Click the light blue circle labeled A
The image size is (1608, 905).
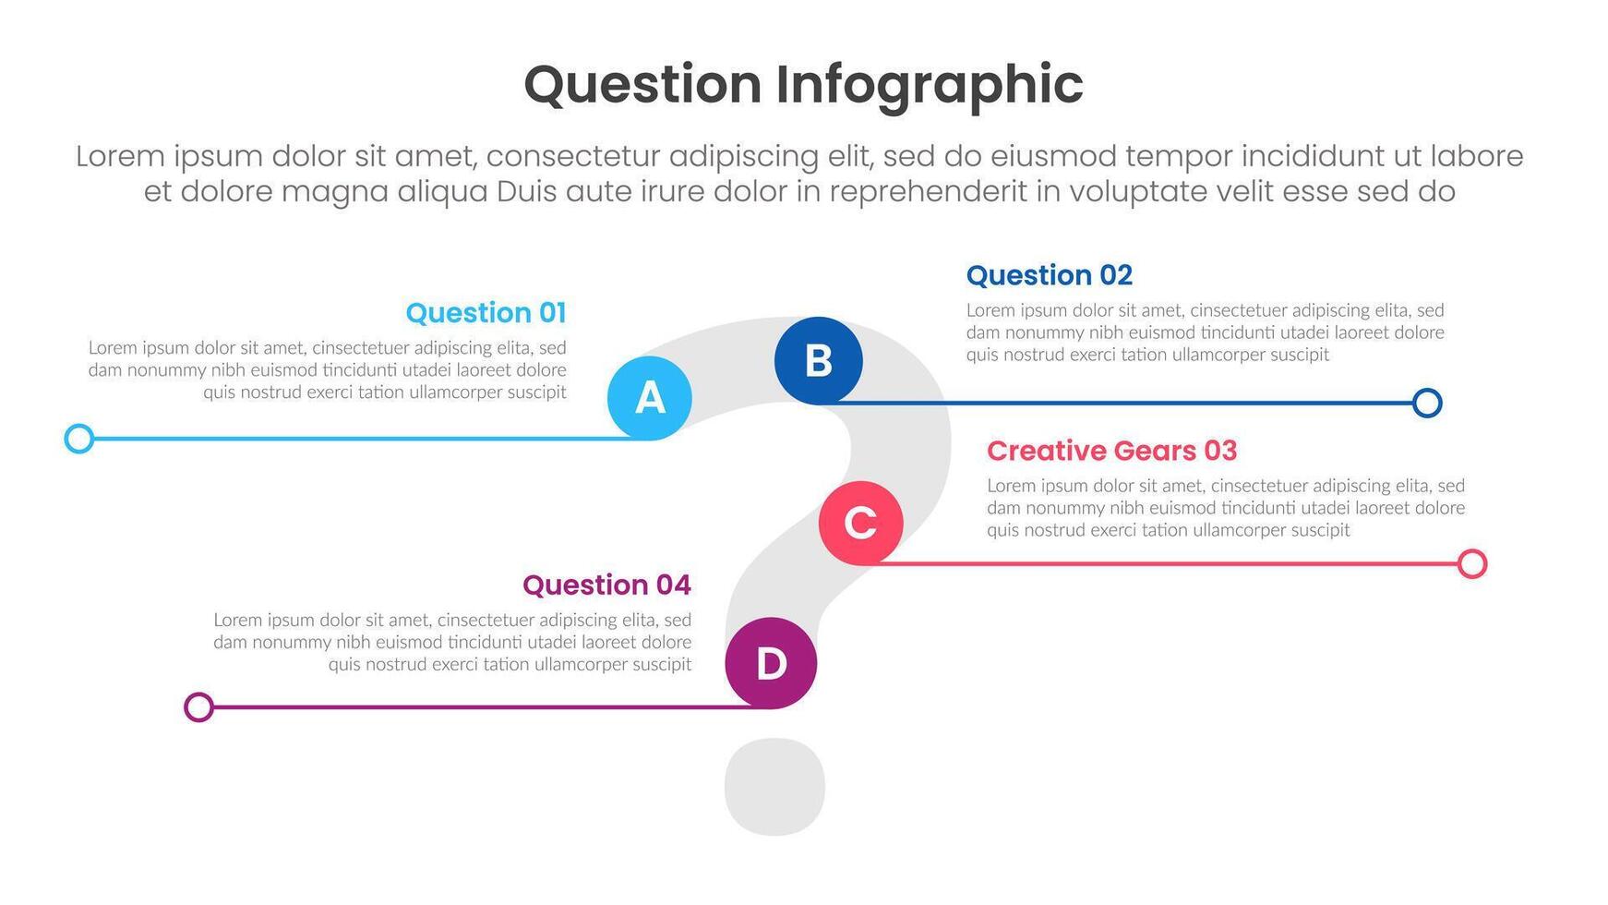click(x=650, y=398)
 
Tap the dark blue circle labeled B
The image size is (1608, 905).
click(x=819, y=360)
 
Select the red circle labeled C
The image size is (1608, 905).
click(x=860, y=523)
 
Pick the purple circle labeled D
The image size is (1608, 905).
click(x=771, y=663)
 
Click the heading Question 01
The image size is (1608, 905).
click(x=486, y=313)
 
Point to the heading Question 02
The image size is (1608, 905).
click(x=1049, y=275)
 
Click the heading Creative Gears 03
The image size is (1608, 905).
click(x=1111, y=451)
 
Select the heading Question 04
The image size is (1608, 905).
click(x=606, y=585)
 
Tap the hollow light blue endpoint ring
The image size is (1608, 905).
click(x=79, y=439)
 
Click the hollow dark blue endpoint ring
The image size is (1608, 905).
click(x=1427, y=403)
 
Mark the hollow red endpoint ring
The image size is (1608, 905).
click(x=1472, y=563)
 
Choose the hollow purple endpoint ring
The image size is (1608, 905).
click(x=198, y=707)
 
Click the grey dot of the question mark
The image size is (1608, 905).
click(x=774, y=787)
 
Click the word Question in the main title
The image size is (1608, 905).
click(x=642, y=85)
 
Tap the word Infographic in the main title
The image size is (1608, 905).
click(x=929, y=85)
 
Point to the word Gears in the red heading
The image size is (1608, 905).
click(x=1155, y=451)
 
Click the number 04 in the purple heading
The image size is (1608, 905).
click(x=673, y=585)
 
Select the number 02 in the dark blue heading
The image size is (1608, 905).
click(x=1115, y=275)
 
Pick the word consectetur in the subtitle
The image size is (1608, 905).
click(x=572, y=156)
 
